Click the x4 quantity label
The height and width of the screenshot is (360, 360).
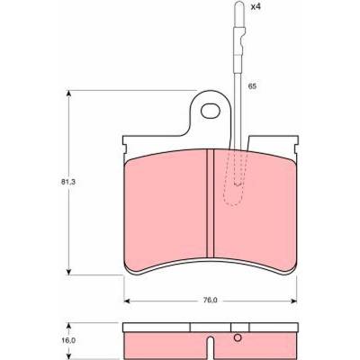(256, 7)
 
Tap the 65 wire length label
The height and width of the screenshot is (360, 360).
(252, 86)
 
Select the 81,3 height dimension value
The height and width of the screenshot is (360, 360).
(67, 182)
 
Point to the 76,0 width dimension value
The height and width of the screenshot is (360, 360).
(211, 300)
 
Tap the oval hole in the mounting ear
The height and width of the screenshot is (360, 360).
(210, 111)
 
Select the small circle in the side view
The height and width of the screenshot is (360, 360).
(238, 337)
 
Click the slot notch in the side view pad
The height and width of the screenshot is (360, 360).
(211, 348)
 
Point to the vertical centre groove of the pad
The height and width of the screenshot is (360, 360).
(211, 203)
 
